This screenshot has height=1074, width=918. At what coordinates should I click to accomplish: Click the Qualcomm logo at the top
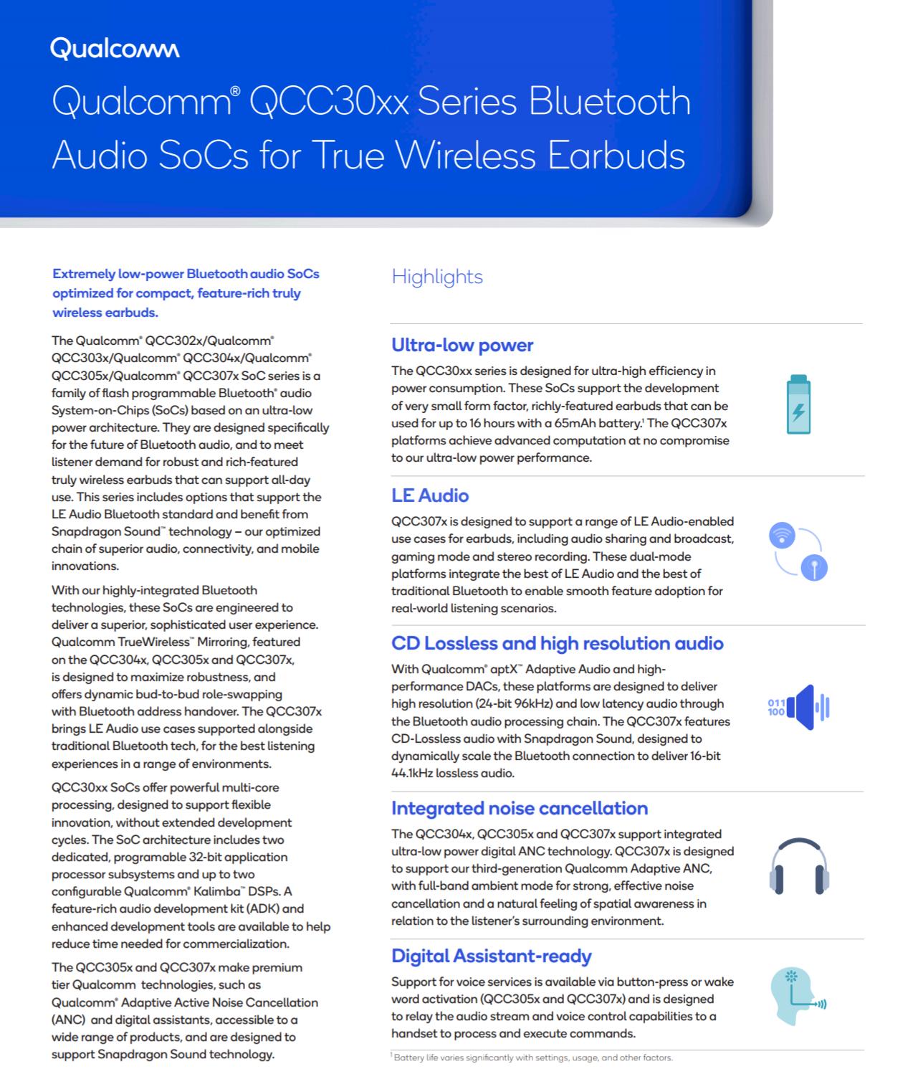click(115, 49)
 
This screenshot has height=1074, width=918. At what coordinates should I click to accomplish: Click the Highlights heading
click(437, 277)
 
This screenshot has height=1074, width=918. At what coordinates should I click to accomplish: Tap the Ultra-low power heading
click(462, 345)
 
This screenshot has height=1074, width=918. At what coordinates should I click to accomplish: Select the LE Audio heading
click(430, 495)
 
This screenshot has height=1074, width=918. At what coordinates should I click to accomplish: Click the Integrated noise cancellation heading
click(520, 808)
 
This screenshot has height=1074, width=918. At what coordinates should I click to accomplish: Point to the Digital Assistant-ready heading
click(492, 956)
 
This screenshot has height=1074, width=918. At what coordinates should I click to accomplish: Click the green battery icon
click(798, 404)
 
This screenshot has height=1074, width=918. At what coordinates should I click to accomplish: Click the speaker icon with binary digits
click(799, 707)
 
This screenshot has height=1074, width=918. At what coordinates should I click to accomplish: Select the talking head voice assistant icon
click(795, 997)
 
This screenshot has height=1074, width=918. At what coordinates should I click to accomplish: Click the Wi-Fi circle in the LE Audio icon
click(782, 535)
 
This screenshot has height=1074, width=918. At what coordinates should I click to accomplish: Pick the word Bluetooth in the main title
click(610, 101)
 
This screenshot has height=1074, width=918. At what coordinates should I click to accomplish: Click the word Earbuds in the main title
click(616, 155)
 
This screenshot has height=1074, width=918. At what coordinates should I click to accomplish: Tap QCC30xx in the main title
click(329, 101)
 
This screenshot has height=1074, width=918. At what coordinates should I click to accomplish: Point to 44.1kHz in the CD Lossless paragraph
click(412, 773)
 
